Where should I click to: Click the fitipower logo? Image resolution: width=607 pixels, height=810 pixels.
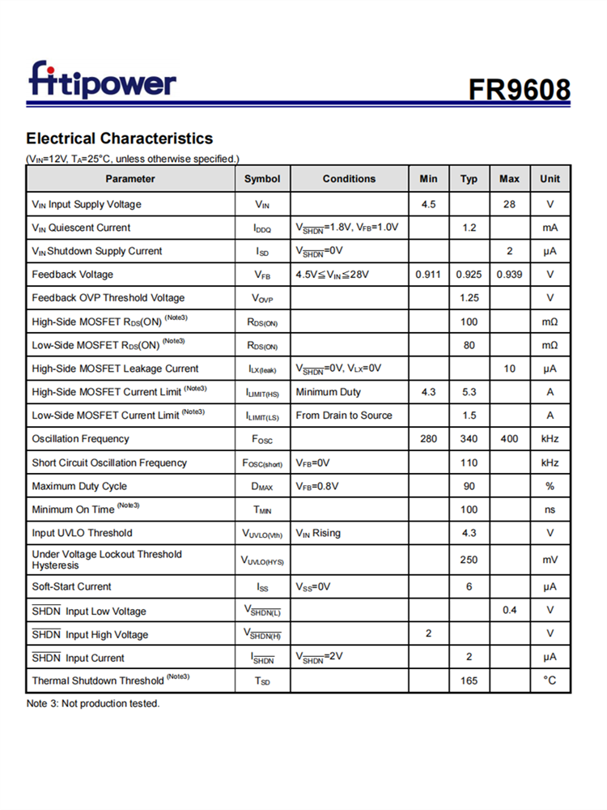102,81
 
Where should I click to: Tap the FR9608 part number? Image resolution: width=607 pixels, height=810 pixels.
519,89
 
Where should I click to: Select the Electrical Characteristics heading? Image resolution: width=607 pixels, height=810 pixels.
120,138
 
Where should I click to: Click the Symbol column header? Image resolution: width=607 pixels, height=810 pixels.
262,179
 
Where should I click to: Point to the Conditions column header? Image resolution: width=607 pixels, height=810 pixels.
349,179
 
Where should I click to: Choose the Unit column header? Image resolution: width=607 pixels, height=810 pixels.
550,179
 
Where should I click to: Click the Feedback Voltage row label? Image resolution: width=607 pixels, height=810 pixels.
73,275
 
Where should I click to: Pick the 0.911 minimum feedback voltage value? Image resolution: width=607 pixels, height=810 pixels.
428,275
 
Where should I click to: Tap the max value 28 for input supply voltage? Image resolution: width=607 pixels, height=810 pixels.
509,204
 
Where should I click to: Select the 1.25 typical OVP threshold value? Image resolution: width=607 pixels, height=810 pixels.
469,298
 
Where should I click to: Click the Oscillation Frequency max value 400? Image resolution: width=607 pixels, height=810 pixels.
509,439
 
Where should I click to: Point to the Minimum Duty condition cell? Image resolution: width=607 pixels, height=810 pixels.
329,392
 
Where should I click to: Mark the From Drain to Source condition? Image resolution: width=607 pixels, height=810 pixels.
344,416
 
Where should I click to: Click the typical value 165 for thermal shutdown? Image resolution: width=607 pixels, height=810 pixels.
469,681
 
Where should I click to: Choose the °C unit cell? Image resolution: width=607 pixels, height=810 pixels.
550,681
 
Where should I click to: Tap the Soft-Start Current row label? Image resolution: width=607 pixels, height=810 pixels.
72,586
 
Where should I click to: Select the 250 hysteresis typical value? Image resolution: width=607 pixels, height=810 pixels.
469,560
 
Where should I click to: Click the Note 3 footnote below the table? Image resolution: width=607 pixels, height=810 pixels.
93,704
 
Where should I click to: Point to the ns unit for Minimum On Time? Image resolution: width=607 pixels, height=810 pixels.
550,509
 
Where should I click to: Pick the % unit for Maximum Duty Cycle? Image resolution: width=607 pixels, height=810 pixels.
550,486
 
